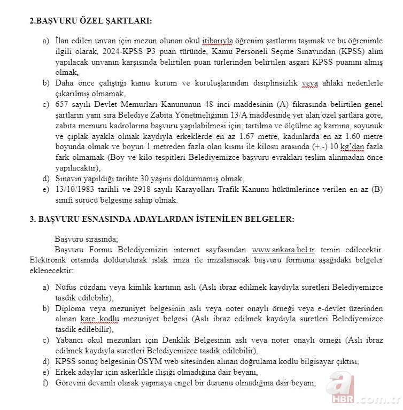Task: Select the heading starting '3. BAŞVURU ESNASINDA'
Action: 161,219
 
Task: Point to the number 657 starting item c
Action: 63,104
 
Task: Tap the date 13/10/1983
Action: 75,189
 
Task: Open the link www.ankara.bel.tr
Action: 283,250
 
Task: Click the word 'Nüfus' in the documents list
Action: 66,287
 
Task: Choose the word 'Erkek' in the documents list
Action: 65,372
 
